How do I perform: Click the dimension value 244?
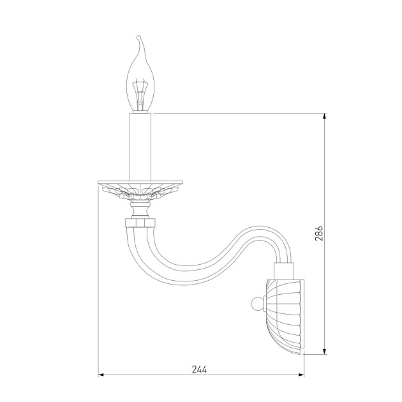click(x=199, y=369)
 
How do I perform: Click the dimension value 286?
click(x=318, y=233)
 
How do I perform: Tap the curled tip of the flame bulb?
click(x=139, y=37)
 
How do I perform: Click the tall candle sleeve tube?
click(x=140, y=147)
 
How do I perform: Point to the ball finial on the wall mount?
click(x=257, y=304)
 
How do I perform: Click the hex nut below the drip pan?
click(x=140, y=222)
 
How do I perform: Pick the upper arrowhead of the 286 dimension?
click(x=325, y=116)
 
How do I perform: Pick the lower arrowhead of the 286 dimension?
click(x=325, y=352)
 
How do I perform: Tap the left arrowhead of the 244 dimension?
click(x=101, y=375)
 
